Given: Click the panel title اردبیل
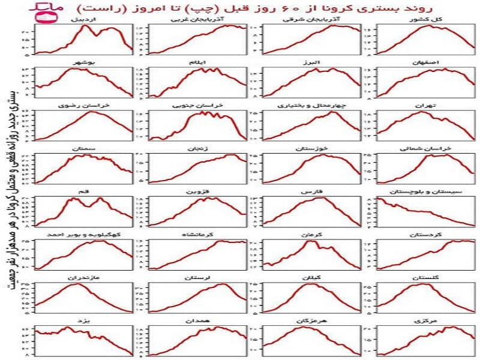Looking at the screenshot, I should coord(85,19).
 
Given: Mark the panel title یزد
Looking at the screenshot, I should coord(85,321).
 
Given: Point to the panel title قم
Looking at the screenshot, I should coord(85,191).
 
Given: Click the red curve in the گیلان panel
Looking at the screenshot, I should coord(312,284).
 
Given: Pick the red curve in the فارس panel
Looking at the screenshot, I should coord(312,199).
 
